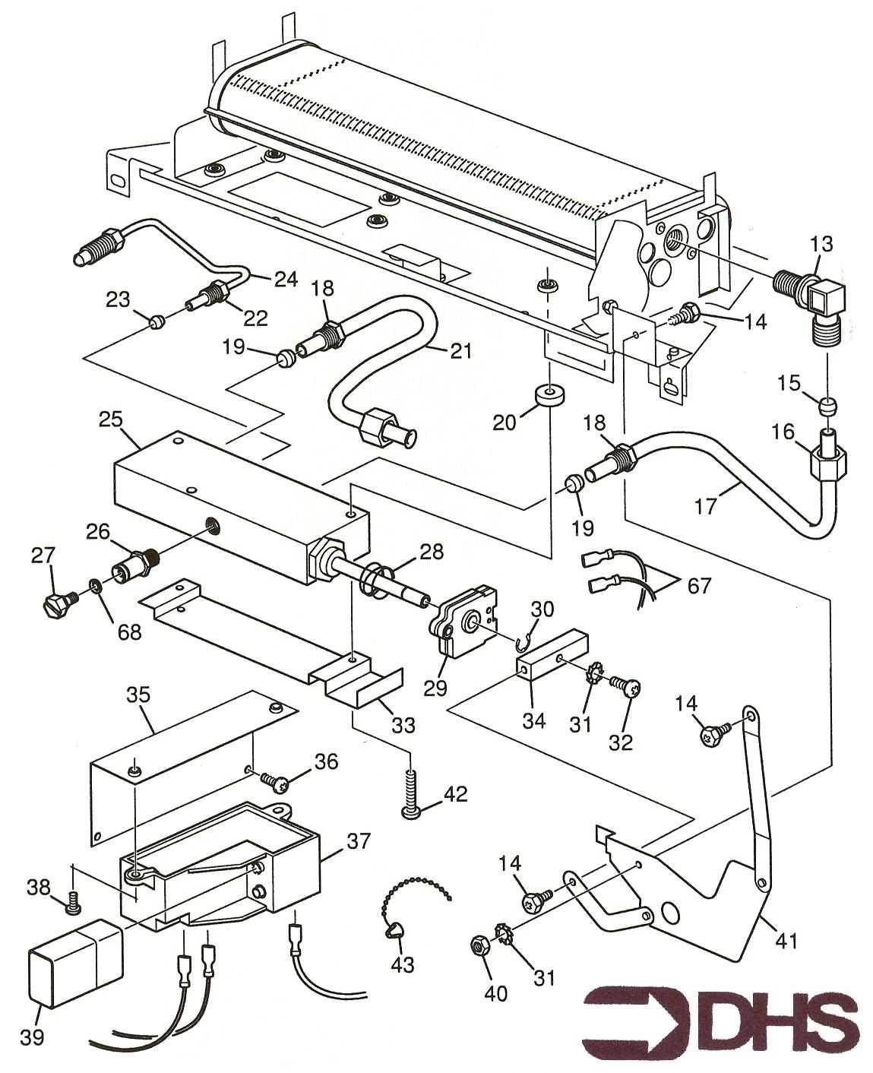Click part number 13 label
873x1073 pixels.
[x=821, y=244]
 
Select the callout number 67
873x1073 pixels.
[x=699, y=585]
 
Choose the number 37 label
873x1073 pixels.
[x=359, y=841]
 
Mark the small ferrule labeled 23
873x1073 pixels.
[x=156, y=322]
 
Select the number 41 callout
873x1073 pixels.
[x=786, y=941]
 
